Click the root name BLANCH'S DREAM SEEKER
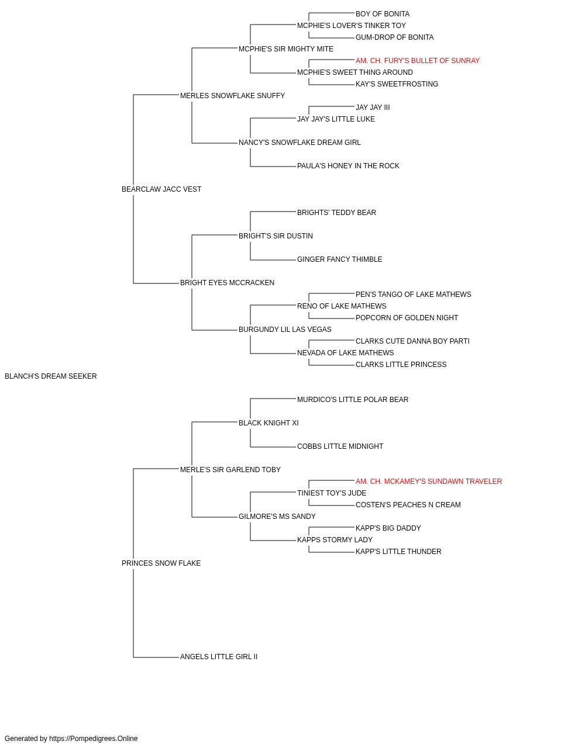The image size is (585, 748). [51, 376]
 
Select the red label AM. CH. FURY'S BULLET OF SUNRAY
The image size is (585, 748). [417, 61]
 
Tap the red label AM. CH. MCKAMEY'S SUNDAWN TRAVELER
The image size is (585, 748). [428, 481]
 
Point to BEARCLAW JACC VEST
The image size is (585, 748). [161, 189]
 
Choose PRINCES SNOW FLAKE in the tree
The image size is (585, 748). [161, 563]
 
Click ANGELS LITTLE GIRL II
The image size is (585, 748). [218, 657]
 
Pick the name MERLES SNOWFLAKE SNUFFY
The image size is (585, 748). [232, 96]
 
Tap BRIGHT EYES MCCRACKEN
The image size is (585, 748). [227, 283]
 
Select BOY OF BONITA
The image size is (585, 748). [382, 14]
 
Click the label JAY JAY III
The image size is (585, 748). [373, 108]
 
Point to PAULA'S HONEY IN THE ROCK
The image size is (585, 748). [348, 166]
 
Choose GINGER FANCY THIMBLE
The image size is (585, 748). [339, 259]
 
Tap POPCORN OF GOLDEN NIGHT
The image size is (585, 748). [407, 318]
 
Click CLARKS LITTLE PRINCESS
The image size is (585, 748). [401, 365]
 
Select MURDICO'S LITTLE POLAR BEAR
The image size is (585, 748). [352, 400]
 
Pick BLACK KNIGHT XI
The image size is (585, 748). [269, 423]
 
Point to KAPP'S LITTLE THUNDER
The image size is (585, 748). [398, 552]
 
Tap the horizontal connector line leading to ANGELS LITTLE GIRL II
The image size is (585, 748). [156, 657]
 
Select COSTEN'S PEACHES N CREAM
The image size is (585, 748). [408, 505]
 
